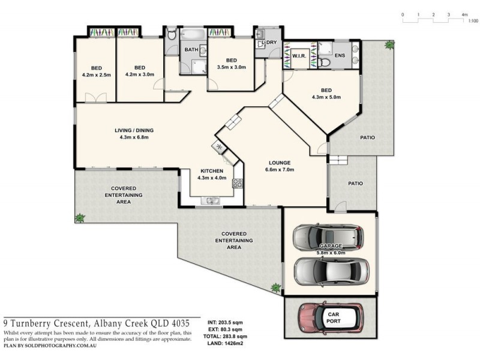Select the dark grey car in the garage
pyautogui.click(x=328, y=238)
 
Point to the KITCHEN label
pyautogui.click(x=212, y=171)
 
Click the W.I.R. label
pyautogui.click(x=299, y=56)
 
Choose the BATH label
pyautogui.click(x=191, y=49)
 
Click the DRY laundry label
pyautogui.click(x=272, y=42)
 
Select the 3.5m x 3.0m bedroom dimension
pyautogui.click(x=231, y=68)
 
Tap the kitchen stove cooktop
pyautogui.click(x=238, y=183)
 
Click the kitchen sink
pyautogui.click(x=211, y=200)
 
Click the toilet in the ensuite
pyautogui.click(x=325, y=61)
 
